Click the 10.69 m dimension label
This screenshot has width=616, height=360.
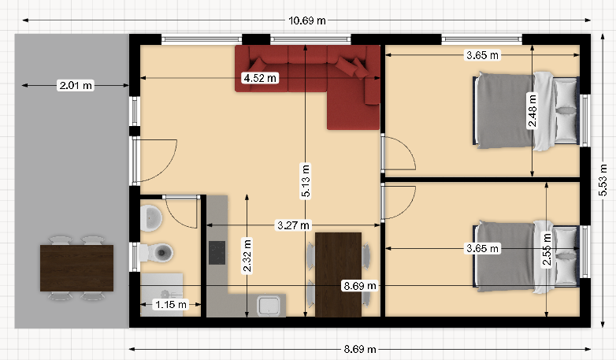(x=307, y=20)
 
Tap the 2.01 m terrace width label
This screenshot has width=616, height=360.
(x=76, y=85)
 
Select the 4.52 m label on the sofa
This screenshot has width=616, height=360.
(x=260, y=78)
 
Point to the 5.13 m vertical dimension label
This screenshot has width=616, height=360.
(x=306, y=181)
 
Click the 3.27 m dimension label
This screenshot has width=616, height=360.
(x=293, y=225)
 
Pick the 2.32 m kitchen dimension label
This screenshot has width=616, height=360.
(x=247, y=255)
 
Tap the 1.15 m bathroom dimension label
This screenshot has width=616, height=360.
(x=170, y=304)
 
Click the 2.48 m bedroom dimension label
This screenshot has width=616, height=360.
(x=533, y=111)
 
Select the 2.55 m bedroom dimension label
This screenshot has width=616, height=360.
(x=547, y=250)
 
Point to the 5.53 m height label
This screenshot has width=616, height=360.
(x=603, y=180)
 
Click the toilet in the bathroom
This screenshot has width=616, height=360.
(x=156, y=252)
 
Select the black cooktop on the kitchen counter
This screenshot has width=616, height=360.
(x=217, y=253)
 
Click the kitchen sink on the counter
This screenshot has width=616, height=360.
(x=269, y=306)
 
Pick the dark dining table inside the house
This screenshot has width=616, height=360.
(x=338, y=274)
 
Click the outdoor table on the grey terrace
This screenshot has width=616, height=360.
(x=76, y=268)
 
